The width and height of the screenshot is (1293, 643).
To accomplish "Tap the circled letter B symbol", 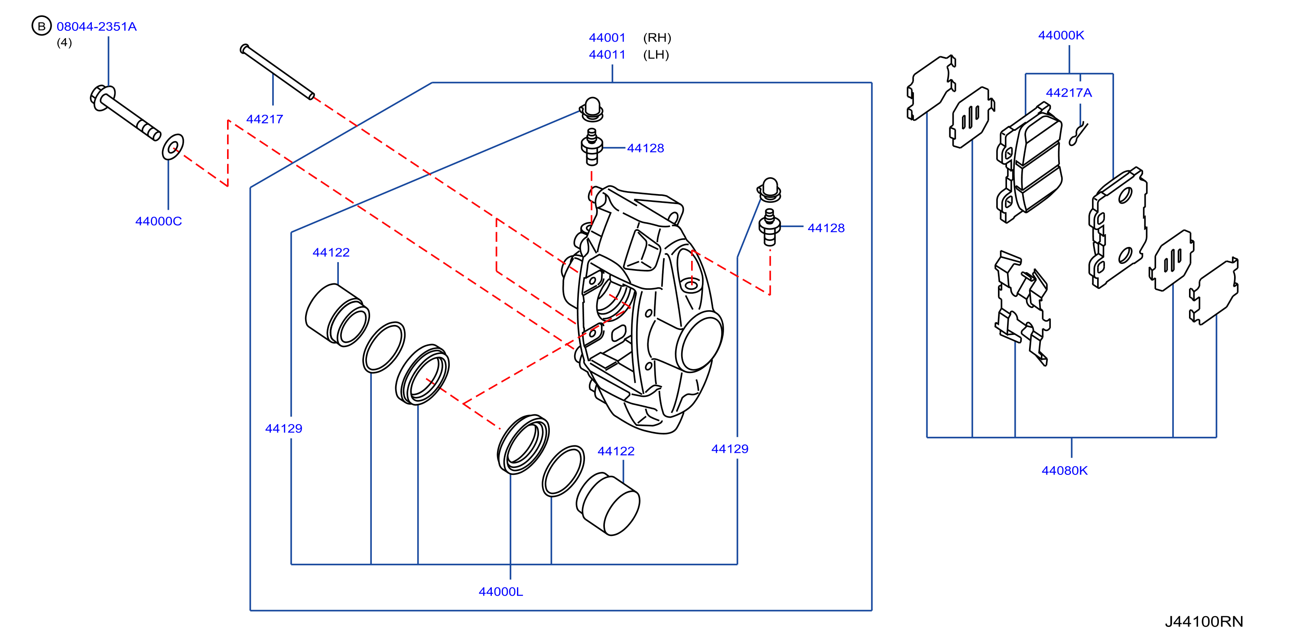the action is [42, 26].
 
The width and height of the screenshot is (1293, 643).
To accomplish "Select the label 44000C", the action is [159, 221].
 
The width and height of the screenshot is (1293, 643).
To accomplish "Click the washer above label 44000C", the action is [172, 146].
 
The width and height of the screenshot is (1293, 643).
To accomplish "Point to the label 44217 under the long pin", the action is [264, 120].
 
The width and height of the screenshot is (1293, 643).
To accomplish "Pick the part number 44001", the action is [608, 38].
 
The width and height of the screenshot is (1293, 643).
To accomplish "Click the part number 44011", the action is [608, 55].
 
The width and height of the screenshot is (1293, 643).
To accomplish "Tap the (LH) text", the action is [656, 55].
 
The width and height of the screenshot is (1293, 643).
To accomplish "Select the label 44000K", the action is [1061, 36].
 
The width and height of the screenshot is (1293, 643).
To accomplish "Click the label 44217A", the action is [1069, 93].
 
